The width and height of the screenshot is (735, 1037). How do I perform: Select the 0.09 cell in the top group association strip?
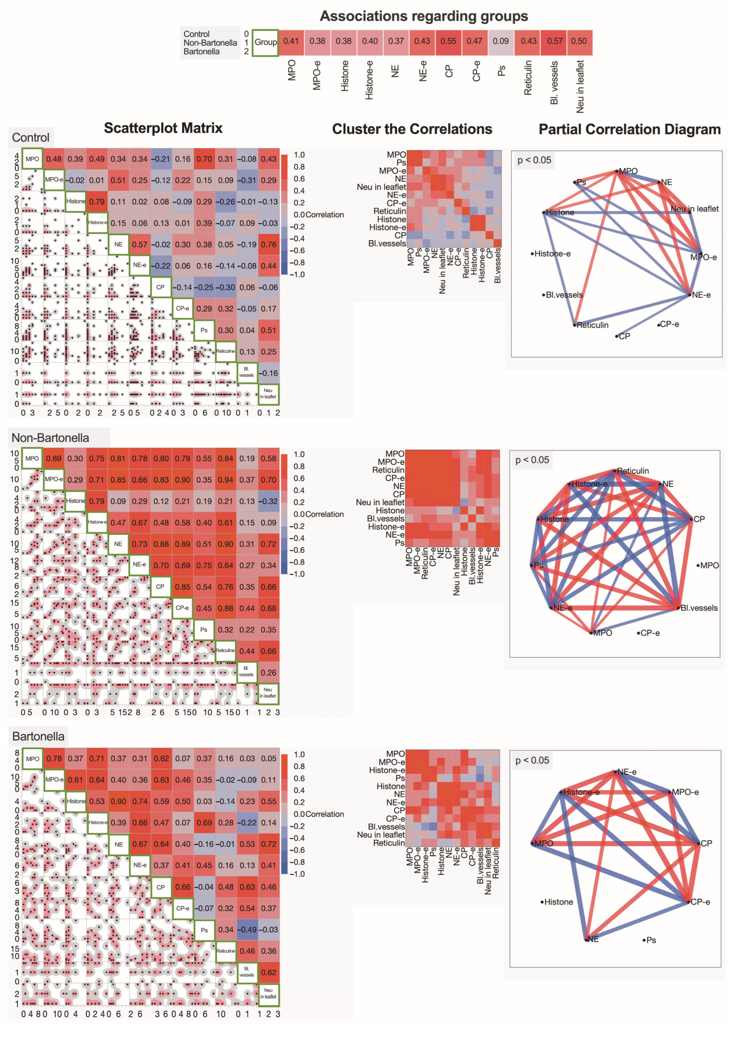pos(501,41)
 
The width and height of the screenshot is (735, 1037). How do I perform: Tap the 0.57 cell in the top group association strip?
pos(554,41)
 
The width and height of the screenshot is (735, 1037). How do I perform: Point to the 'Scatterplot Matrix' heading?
pos(163,128)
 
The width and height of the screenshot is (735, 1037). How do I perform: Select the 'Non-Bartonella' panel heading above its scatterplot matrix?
pos(50,438)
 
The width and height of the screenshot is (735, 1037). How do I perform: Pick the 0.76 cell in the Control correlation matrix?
pos(268,244)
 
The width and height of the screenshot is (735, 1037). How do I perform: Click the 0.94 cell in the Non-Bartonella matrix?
pos(225,480)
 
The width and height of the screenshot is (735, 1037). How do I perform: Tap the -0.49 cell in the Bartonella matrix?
pos(247,930)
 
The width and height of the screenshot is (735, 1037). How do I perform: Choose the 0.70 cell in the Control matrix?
pos(204,159)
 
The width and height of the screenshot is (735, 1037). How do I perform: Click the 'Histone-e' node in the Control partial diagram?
pos(552,254)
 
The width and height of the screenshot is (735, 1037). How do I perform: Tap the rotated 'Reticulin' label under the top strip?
pos(528,78)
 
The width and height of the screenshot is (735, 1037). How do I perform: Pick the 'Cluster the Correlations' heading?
pos(412,130)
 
